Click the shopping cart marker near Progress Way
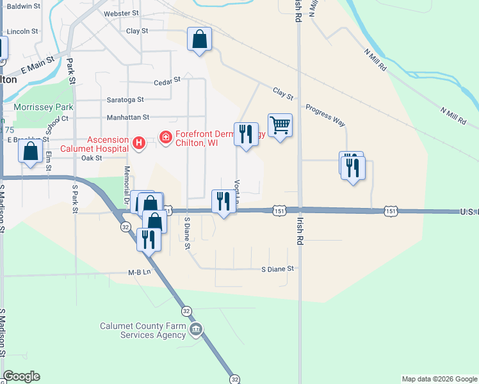(280, 125)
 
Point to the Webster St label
(121, 13)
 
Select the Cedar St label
(168, 81)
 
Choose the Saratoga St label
(126, 100)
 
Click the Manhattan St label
(127, 118)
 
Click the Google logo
(21, 376)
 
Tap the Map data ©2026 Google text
(439, 379)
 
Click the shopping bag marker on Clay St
(199, 40)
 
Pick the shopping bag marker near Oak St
(31, 152)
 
